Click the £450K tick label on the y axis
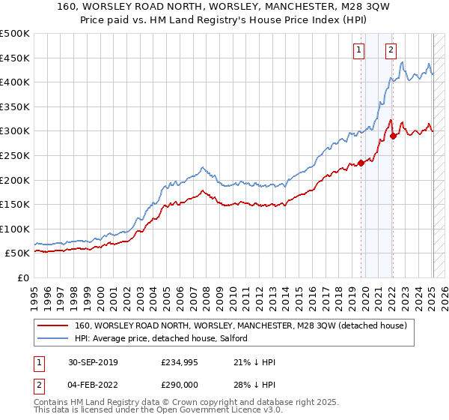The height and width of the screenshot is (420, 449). [16, 58]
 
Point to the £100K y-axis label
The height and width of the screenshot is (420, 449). [16, 229]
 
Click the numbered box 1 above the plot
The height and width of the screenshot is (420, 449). [360, 50]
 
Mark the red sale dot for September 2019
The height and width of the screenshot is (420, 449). [361, 163]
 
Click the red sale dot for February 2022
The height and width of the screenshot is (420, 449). [393, 136]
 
